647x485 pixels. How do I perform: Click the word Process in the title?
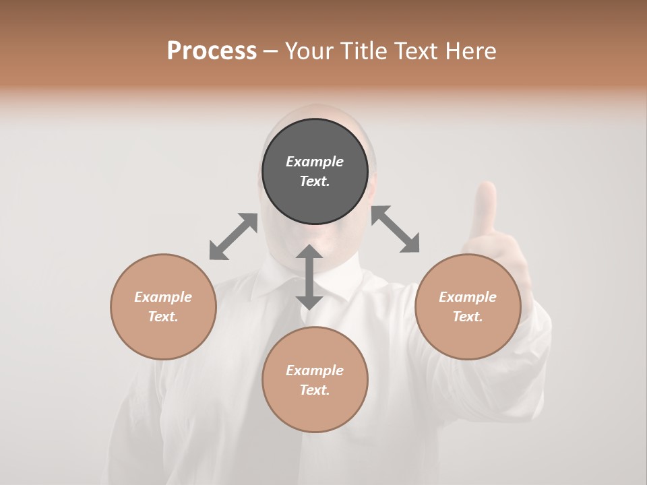(x=212, y=51)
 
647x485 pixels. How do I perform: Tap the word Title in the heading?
(x=364, y=51)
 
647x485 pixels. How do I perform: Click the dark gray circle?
(x=315, y=172)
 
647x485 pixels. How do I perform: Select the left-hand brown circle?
(x=163, y=307)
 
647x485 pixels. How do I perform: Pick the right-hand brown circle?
(x=468, y=307)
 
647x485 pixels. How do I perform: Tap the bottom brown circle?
(x=315, y=379)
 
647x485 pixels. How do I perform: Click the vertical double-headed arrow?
(x=309, y=277)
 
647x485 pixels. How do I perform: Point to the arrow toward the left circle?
(x=233, y=236)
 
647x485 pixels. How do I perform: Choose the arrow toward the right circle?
(x=396, y=229)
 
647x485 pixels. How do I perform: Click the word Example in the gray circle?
(x=315, y=162)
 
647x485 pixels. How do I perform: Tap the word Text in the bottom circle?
(x=315, y=390)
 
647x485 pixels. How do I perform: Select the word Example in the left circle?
(x=163, y=297)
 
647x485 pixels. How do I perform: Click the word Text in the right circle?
(x=468, y=317)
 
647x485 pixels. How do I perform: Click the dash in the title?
(x=271, y=51)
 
